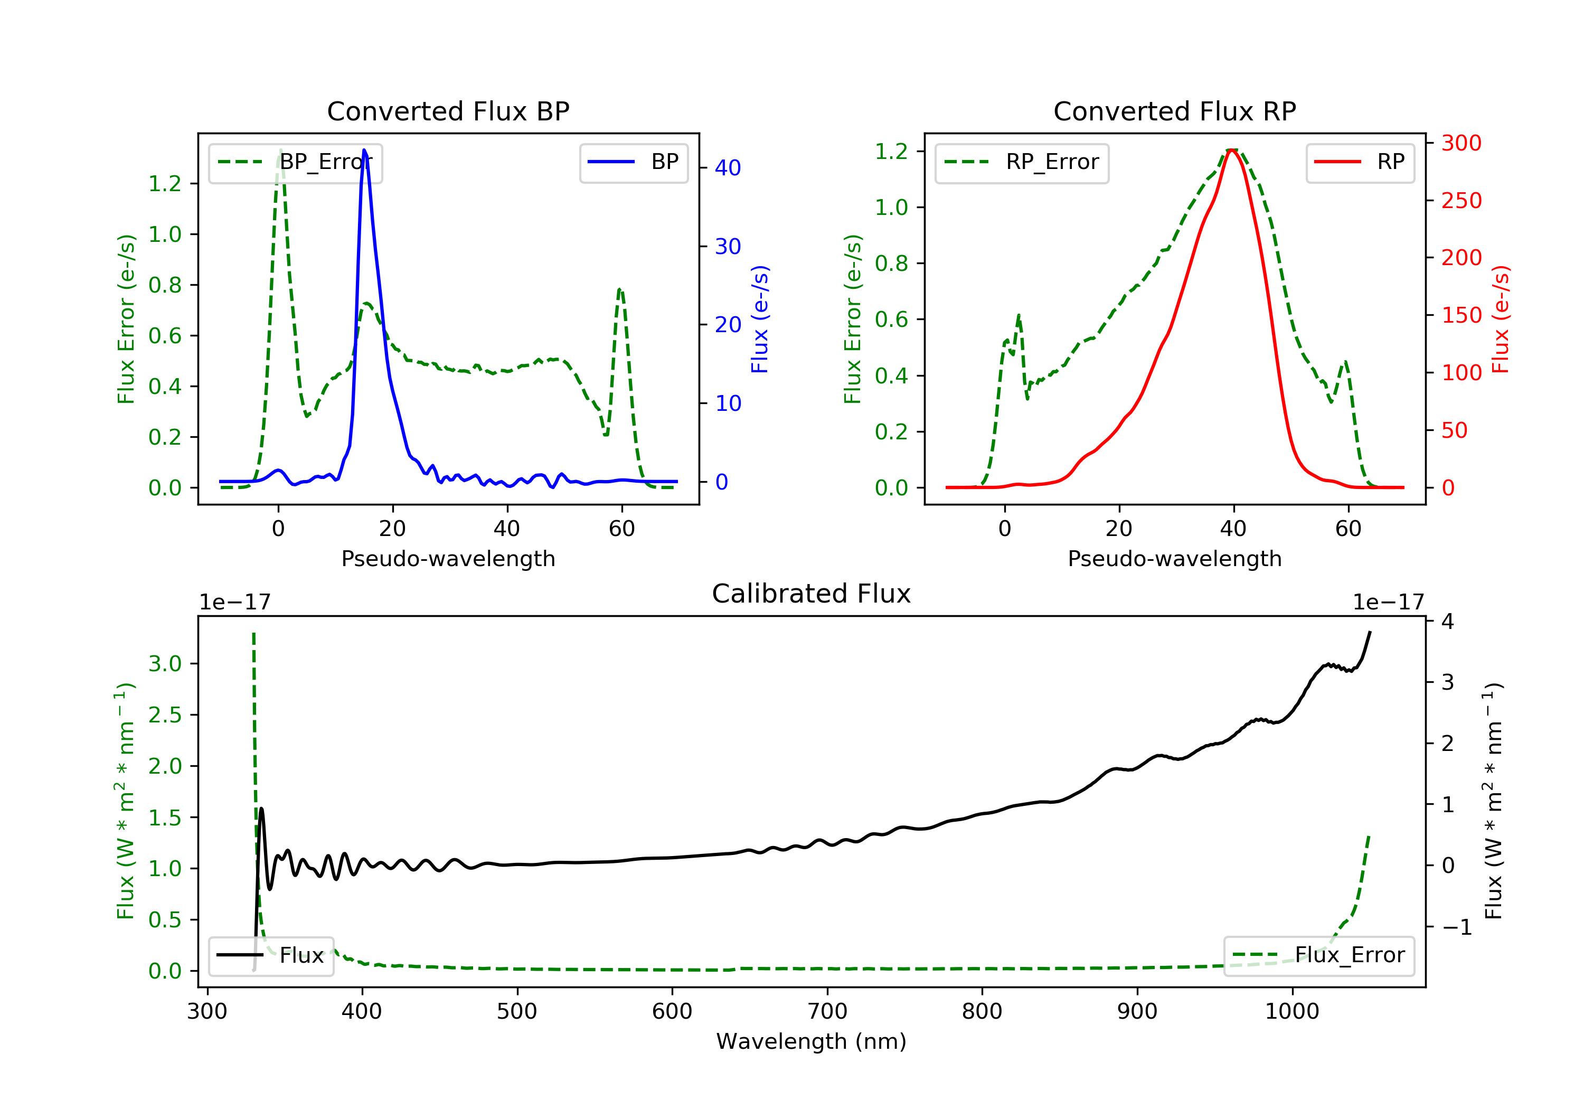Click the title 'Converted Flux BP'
click(x=448, y=111)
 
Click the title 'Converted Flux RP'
click(x=1174, y=111)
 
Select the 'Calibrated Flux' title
click(x=812, y=594)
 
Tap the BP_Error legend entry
click(x=295, y=163)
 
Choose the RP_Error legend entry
click(x=1022, y=163)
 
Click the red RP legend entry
click(x=1360, y=163)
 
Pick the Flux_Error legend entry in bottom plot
click(x=1318, y=955)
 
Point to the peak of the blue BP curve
click(x=364, y=150)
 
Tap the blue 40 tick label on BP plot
click(x=728, y=168)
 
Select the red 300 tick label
click(x=1461, y=143)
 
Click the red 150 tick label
click(x=1461, y=315)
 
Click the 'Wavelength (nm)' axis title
click(x=812, y=1041)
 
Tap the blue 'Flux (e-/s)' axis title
click(x=760, y=319)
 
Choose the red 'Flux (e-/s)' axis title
click(x=1501, y=319)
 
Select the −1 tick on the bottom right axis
click(x=1457, y=927)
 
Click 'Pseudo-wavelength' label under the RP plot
click(x=1174, y=558)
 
